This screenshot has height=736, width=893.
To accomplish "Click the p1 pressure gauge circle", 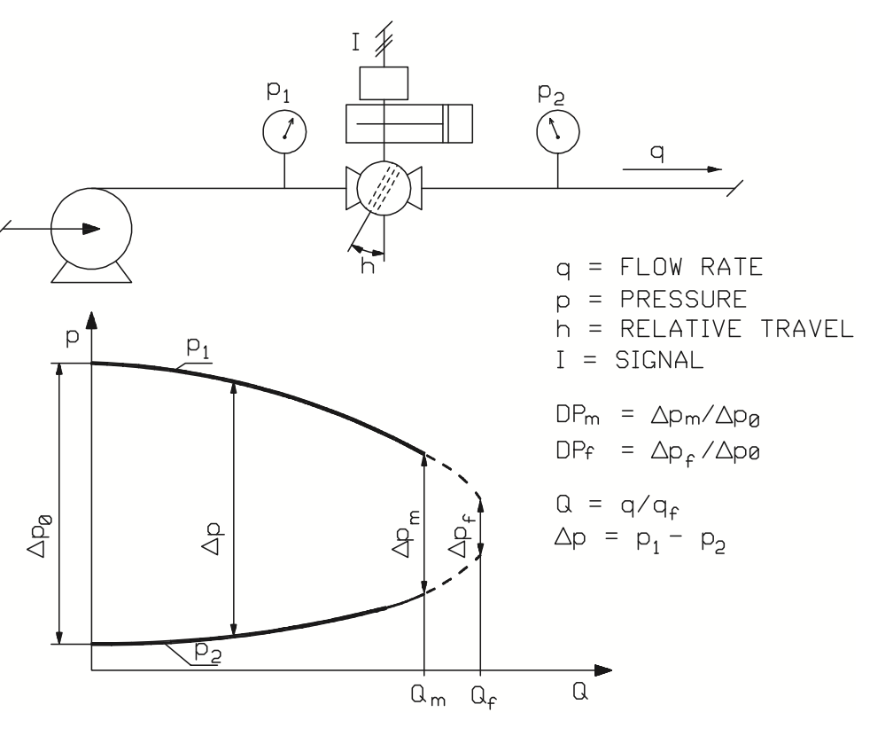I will pos(284,130).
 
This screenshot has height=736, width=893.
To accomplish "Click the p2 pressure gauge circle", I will pos(557,130).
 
